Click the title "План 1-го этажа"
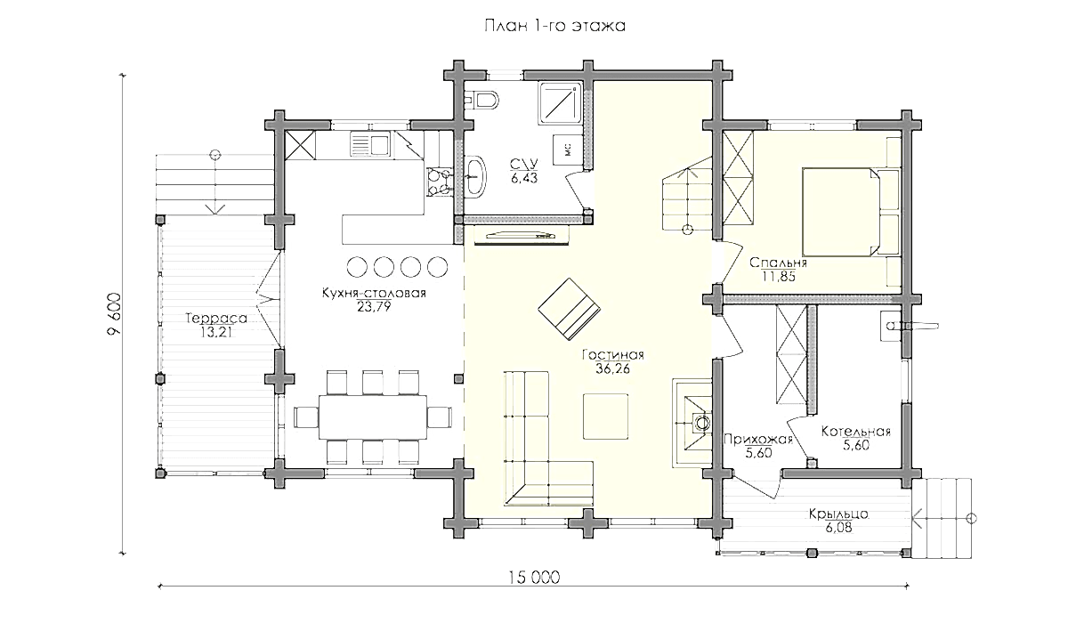point(554,25)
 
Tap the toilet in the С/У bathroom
point(482,101)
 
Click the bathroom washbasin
point(475,176)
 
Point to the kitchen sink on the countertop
point(370,144)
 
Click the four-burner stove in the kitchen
point(438,182)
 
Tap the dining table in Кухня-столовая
point(373,417)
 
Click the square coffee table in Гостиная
point(605,417)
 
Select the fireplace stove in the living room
point(692,423)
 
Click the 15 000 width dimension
point(533,578)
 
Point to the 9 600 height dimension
point(115,314)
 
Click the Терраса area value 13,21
point(215,332)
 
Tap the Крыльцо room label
point(838,514)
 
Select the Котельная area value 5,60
point(856,445)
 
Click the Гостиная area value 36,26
point(612,368)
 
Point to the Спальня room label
point(778,263)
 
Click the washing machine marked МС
point(568,150)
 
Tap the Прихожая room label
point(757,440)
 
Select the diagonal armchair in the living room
point(570,309)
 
